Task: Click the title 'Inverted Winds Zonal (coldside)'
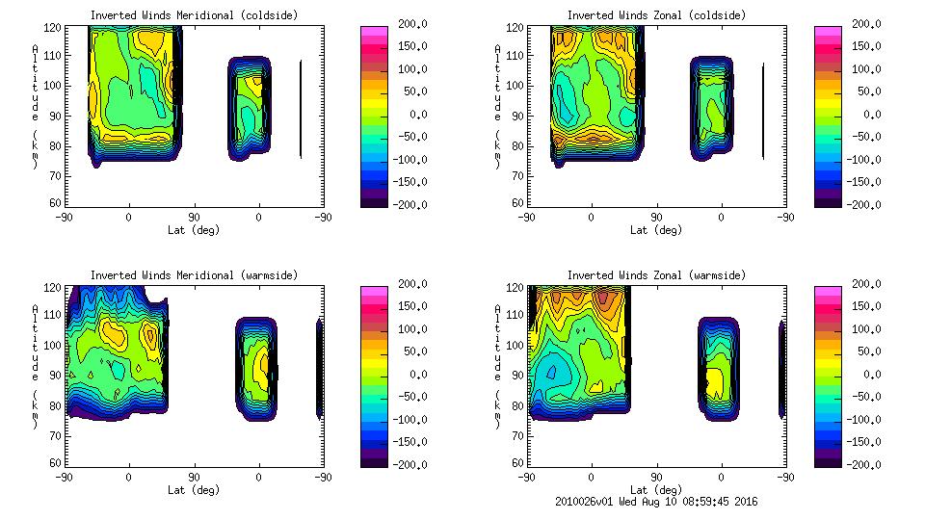click(x=655, y=15)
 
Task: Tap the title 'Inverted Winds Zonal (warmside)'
click(x=655, y=275)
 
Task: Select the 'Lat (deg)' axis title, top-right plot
click(x=655, y=230)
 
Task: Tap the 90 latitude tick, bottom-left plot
click(x=194, y=477)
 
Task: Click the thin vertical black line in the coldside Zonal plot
click(x=763, y=110)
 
